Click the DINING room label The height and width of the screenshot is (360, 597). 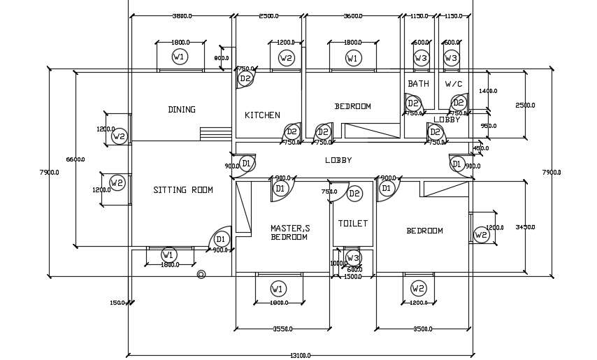(182, 110)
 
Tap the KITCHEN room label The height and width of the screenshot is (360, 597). (262, 115)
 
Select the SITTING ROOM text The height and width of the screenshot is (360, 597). (183, 190)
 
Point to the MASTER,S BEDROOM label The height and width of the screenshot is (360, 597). (289, 233)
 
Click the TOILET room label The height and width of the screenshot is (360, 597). (353, 224)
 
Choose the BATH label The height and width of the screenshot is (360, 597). (418, 84)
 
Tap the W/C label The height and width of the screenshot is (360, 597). (454, 84)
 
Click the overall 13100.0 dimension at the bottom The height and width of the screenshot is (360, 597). (300, 356)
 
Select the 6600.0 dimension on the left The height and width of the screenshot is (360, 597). (75, 159)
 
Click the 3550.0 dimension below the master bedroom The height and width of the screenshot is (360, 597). (282, 329)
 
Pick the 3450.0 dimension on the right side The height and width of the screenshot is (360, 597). (525, 227)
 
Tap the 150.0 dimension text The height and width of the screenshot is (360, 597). (117, 303)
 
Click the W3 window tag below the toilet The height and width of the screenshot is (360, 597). (354, 257)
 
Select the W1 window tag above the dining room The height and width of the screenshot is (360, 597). (180, 57)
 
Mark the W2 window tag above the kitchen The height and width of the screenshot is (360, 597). (286, 58)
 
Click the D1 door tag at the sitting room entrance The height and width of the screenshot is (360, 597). (222, 239)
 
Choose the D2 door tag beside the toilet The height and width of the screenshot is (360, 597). (354, 194)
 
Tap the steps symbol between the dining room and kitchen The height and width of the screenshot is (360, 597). (215, 134)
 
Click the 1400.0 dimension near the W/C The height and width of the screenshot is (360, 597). (488, 91)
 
